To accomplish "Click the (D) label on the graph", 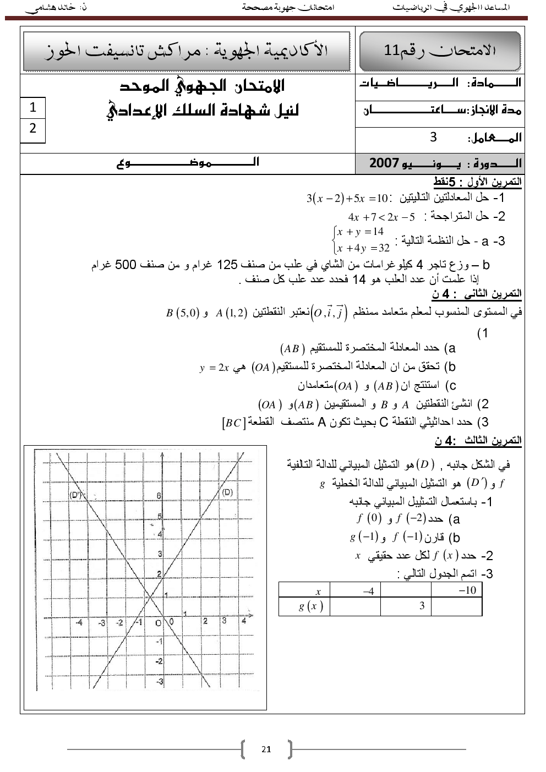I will pyautogui.click(x=227, y=492).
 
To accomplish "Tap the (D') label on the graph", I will pyautogui.click(x=76, y=495).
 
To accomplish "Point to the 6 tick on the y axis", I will pyautogui.click(x=159, y=496).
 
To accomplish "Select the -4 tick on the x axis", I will pyautogui.click(x=79, y=622).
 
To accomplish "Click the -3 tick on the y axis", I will pyautogui.click(x=160, y=682).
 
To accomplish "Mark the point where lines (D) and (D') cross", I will pyautogui.click(x=150, y=596).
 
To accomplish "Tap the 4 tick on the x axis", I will pyautogui.click(x=244, y=621).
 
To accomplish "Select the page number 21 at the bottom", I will pyautogui.click(x=266, y=749).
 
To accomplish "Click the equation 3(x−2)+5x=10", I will pyautogui.click(x=347, y=198).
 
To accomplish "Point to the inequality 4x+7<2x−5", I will pyautogui.click(x=381, y=217).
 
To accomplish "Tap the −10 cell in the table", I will pyautogui.click(x=467, y=590).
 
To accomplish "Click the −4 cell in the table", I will pyautogui.click(x=368, y=591).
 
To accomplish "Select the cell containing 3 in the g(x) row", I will pyautogui.click(x=422, y=606).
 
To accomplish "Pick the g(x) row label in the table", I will pyautogui.click(x=310, y=606).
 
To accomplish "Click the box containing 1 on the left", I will pyautogui.click(x=32, y=107).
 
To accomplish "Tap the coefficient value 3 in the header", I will pyautogui.click(x=434, y=136).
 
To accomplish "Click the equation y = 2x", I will pyautogui.click(x=214, y=368).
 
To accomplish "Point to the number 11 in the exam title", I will pyautogui.click(x=391, y=50).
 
